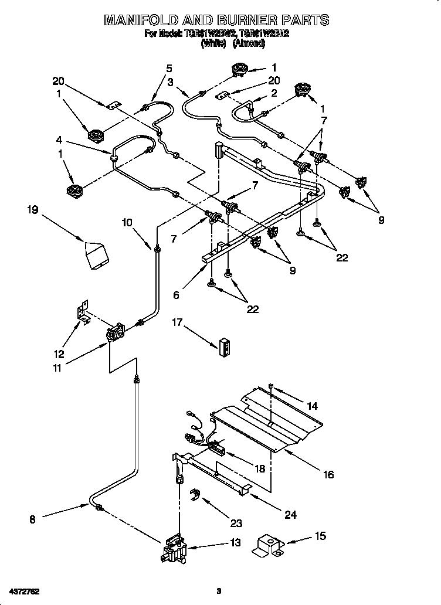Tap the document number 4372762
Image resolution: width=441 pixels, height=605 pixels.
tap(24, 590)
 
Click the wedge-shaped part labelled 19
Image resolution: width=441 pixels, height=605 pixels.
tap(96, 255)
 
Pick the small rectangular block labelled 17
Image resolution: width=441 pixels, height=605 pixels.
tap(224, 347)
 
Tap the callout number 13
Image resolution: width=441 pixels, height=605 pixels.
tap(235, 543)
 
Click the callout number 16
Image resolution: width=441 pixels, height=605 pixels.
tap(328, 474)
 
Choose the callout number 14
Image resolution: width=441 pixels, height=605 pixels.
tap(312, 405)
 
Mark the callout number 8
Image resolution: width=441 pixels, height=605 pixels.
tap(32, 518)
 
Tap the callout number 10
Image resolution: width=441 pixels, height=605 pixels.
tap(127, 222)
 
